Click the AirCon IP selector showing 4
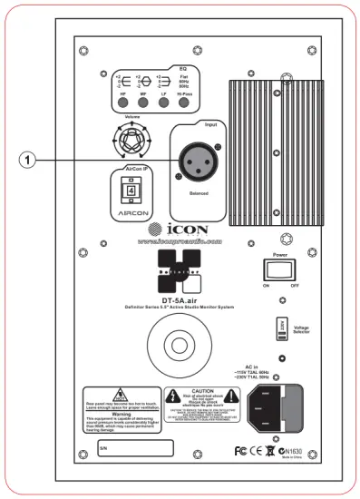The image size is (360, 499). click(x=130, y=191)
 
